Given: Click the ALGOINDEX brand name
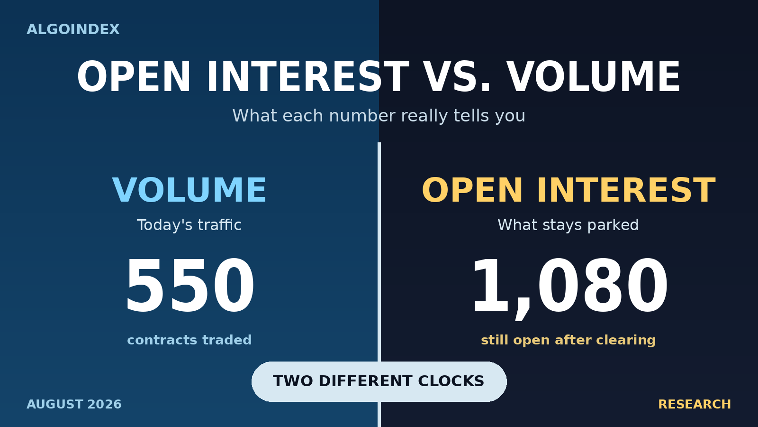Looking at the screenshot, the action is point(73,29).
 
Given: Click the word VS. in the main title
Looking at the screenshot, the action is point(457,77).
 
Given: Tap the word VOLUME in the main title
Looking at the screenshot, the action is point(594,77).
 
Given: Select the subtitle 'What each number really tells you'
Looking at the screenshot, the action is point(379,116).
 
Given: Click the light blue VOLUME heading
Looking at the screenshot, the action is point(189,190).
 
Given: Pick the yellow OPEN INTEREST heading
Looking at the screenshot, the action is point(568,190).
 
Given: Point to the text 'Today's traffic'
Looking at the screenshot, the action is point(189,225).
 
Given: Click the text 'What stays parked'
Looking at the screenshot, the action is point(568,225).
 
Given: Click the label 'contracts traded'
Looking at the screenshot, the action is point(189,340).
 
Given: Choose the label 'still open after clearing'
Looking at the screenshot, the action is point(568,340).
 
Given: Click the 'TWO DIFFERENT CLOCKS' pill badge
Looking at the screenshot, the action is point(379,381).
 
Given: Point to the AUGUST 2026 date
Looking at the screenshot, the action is point(74,404).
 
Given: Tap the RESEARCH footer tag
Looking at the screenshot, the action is point(695,404).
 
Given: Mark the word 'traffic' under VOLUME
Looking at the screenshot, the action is point(220,225).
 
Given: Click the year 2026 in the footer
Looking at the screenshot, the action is point(105,404).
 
